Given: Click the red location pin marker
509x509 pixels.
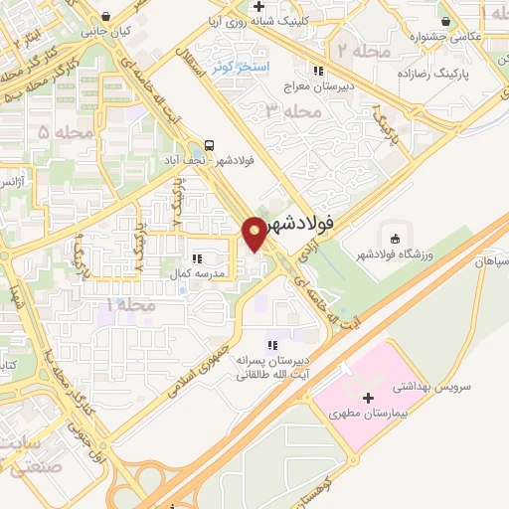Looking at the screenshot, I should tap(255, 233).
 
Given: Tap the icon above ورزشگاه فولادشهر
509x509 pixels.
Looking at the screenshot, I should tap(395, 239).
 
